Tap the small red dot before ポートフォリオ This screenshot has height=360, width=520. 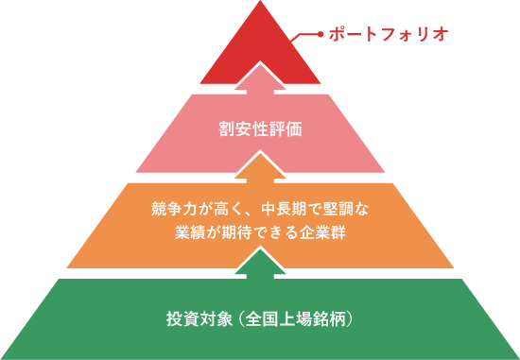pyautogui.click(x=321, y=34)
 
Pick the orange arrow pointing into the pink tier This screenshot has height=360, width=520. pyautogui.click(x=260, y=166)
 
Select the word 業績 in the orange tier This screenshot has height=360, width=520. pyautogui.click(x=186, y=231)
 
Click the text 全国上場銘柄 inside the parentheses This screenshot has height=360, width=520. pyautogui.click(x=295, y=317)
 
